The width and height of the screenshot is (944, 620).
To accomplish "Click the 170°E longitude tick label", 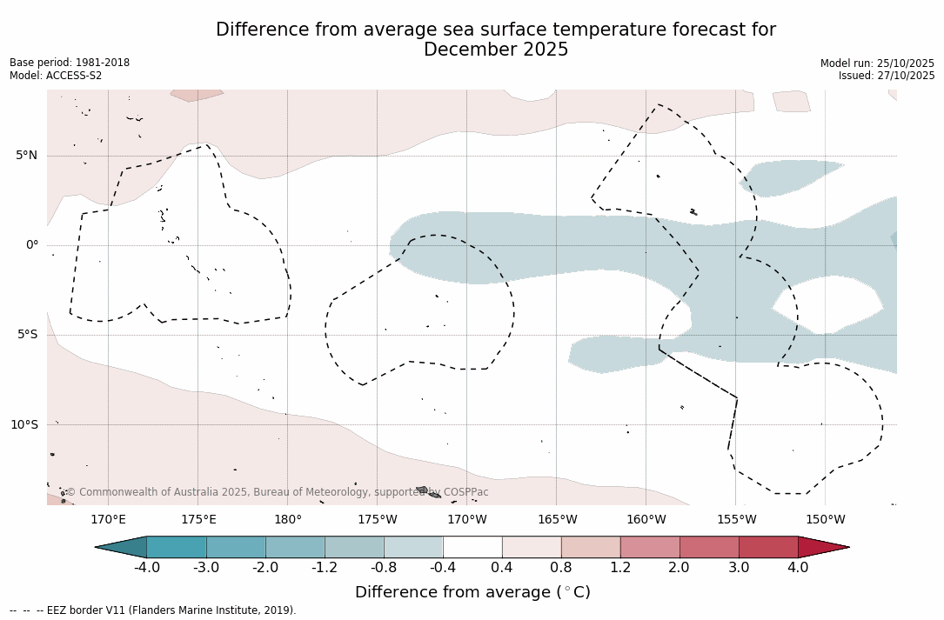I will [x=109, y=520].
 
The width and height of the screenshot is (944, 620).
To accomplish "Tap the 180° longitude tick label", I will [x=288, y=520].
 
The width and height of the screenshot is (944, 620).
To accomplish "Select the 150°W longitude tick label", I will [x=826, y=520].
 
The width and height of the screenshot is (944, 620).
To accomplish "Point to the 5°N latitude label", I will [x=27, y=156].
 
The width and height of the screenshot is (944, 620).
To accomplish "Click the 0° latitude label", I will [x=32, y=245].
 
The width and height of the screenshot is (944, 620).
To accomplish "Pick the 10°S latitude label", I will [x=24, y=425].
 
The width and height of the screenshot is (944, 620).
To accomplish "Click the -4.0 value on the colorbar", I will [x=147, y=568].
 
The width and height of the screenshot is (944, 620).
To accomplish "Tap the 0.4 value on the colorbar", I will [x=502, y=568].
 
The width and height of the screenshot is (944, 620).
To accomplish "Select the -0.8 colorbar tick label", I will [x=384, y=568].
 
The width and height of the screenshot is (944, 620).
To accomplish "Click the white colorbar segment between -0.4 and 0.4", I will [x=472, y=547].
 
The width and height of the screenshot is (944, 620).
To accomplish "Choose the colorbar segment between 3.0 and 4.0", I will [x=768, y=547].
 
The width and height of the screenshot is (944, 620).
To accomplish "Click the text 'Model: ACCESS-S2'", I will [x=56, y=76].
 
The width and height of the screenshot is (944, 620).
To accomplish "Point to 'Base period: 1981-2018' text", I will [x=70, y=63].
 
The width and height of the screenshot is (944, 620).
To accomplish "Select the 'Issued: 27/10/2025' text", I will [x=887, y=76].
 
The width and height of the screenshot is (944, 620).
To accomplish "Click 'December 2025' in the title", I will [x=496, y=50].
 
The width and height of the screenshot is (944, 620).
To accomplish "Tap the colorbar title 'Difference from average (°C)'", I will [x=472, y=592].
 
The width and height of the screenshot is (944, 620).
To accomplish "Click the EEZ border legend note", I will [x=153, y=610].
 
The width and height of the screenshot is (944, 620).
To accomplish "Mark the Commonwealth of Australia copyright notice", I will [x=277, y=492].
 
